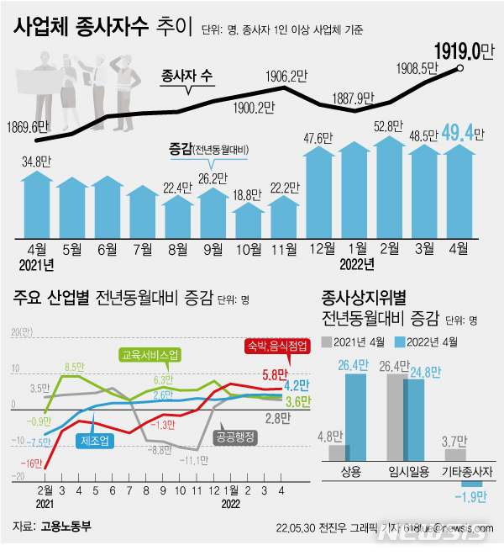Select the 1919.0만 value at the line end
[461, 51]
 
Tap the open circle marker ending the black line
[461, 69]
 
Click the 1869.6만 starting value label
[34, 128]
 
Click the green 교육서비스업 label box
[151, 355]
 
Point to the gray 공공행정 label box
[236, 437]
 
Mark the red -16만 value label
[32, 463]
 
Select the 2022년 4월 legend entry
[428, 342]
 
